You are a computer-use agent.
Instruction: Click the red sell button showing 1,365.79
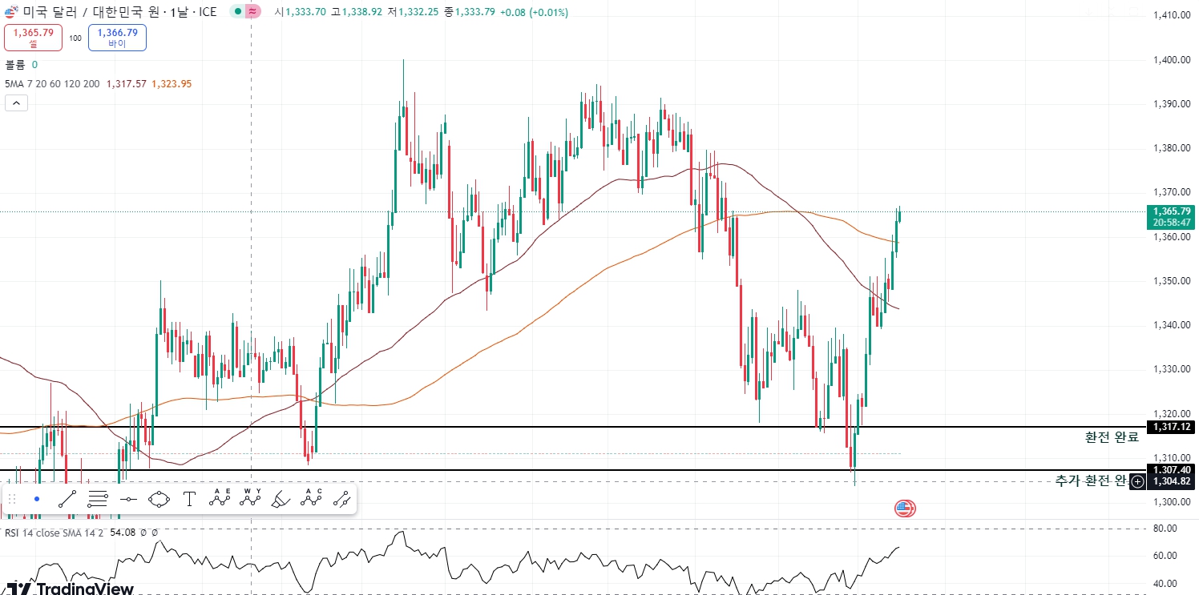tap(33, 37)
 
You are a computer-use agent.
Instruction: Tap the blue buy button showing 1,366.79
tap(117, 37)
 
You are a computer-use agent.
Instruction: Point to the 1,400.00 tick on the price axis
tap(1170, 59)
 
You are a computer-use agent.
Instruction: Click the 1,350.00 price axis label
tap(1170, 281)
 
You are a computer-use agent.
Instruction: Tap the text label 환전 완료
tap(1112, 437)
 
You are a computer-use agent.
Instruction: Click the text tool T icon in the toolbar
tap(189, 500)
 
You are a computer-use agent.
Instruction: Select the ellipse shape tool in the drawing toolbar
tap(159, 500)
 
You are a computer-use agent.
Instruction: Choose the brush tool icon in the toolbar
tap(281, 500)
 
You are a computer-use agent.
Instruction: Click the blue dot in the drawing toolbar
tap(37, 499)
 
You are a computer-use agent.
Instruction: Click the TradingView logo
tap(71, 589)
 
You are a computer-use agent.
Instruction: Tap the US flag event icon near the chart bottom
tap(905, 508)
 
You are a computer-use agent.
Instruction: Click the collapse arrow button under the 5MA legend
tap(16, 103)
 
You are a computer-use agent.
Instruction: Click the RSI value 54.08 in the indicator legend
tap(122, 533)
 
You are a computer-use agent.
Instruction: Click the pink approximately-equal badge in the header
tap(253, 12)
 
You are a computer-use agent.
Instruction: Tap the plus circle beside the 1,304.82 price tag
tap(1137, 482)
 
